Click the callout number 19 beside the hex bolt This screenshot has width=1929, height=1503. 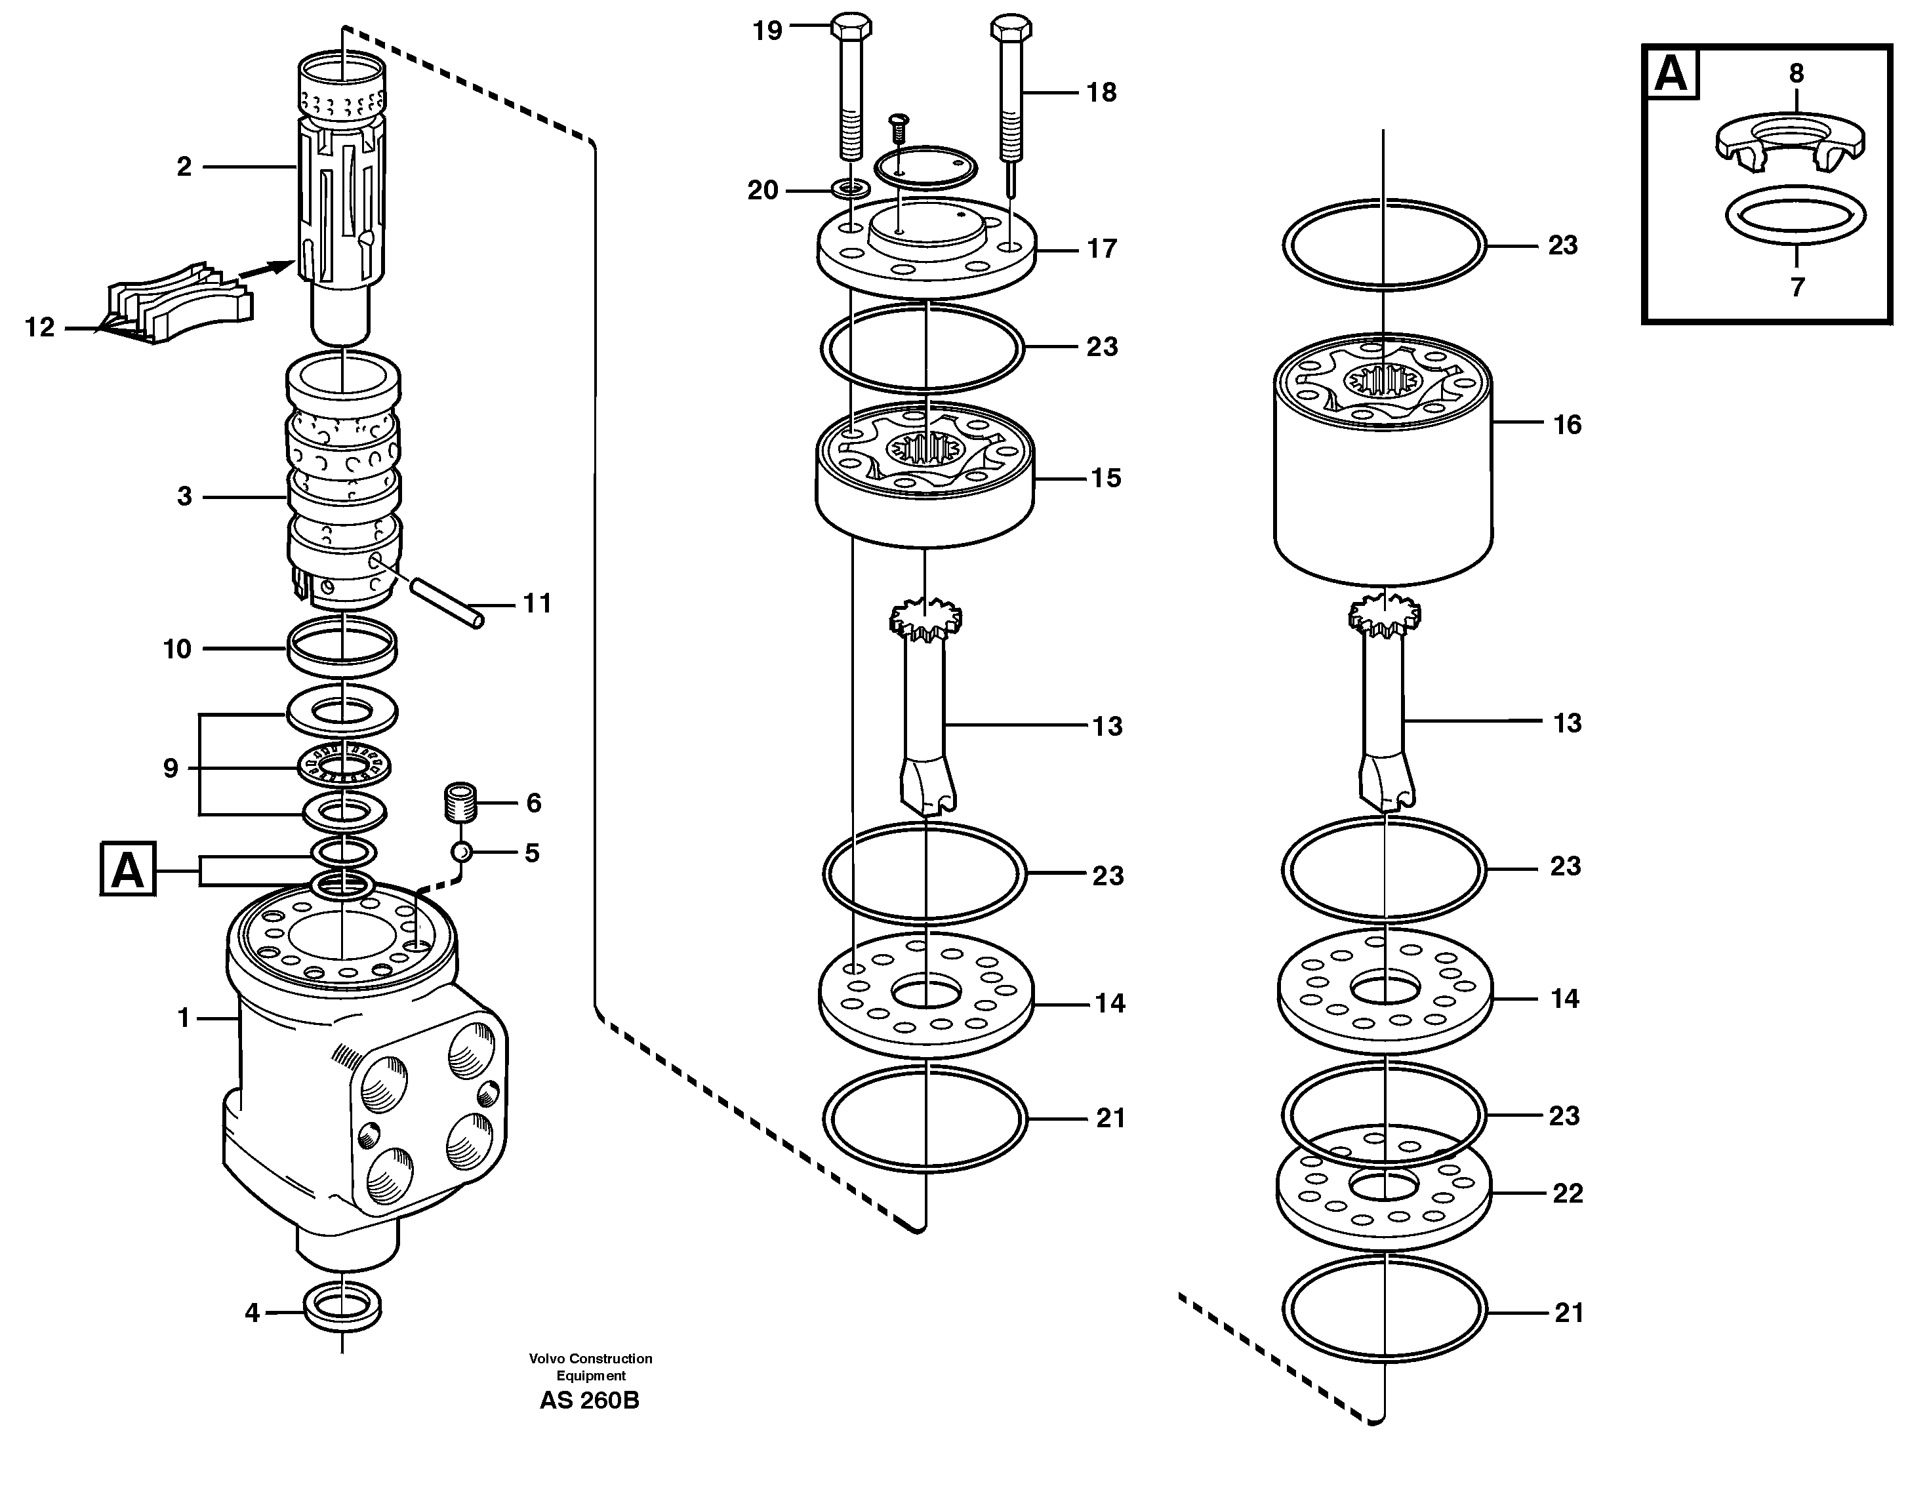(x=767, y=31)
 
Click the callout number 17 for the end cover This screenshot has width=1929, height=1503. (x=1101, y=249)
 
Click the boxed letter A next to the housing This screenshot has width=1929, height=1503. (x=128, y=870)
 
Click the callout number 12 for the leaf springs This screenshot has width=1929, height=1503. (x=40, y=329)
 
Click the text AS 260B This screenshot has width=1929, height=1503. (x=589, y=1401)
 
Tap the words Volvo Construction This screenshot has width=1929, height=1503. (x=590, y=1359)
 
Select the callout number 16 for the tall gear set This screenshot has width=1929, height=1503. (x=1567, y=426)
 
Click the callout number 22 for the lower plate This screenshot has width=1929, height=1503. (x=1568, y=1194)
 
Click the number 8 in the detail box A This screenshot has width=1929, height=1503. (x=1797, y=73)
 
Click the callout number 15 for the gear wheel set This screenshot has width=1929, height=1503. (x=1106, y=479)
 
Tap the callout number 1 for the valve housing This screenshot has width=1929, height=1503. (x=184, y=1019)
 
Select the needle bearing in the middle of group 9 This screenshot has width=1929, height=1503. (x=346, y=764)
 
